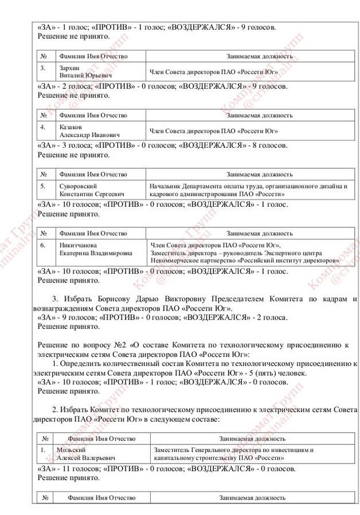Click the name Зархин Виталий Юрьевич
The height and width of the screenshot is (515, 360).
pos(85,72)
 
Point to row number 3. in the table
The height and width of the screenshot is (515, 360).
pos(43,68)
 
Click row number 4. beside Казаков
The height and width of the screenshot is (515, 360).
pos(43,127)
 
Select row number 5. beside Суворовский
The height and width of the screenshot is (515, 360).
pos(43,186)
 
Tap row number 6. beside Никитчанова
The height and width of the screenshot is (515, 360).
pos(43,245)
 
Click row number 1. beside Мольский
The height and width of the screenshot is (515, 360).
pos(43,450)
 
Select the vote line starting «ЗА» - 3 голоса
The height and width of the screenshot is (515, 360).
pos(162,146)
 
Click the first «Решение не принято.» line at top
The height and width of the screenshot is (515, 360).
pos(73,36)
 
